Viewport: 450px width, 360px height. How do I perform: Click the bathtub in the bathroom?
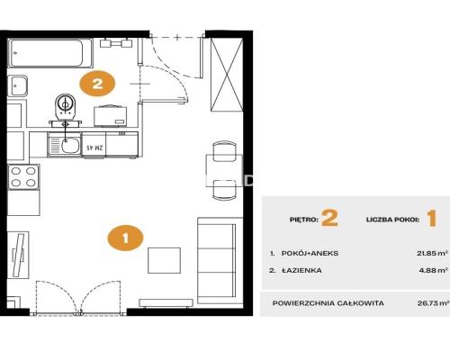[50, 53]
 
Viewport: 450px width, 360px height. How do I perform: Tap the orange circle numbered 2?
[97, 84]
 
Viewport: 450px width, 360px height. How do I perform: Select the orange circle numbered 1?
[125, 238]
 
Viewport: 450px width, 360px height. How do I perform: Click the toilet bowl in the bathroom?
[66, 105]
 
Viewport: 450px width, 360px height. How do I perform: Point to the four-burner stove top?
[23, 177]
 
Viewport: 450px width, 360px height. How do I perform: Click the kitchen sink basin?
[70, 146]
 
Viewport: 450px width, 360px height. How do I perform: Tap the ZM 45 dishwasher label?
[94, 148]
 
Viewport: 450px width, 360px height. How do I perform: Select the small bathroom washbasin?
[17, 85]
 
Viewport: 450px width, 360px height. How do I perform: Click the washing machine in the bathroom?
[111, 116]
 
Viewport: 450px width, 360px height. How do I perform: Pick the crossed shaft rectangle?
[227, 75]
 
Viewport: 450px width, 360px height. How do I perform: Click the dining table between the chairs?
[224, 170]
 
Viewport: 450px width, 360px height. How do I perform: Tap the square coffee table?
[164, 260]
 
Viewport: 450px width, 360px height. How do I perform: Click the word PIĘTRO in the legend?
[304, 220]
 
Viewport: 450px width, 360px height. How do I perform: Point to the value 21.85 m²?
[432, 253]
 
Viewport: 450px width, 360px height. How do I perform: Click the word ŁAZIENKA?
[302, 270]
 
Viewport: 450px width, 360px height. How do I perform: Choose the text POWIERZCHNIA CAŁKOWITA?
[328, 303]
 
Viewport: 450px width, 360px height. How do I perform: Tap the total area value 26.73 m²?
[433, 303]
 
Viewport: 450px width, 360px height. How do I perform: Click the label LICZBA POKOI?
[392, 220]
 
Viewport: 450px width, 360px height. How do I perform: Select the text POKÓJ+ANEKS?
[310, 253]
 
